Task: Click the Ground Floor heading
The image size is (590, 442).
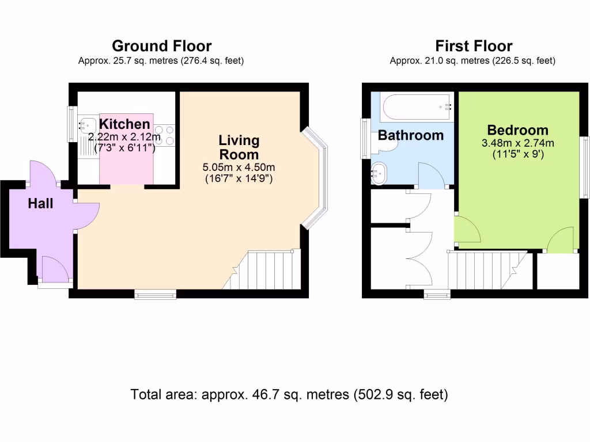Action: [161, 46]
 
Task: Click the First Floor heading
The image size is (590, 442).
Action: [474, 46]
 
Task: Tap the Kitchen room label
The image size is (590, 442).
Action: [124, 124]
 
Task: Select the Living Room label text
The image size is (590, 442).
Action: [239, 147]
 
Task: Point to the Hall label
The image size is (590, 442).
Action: [40, 203]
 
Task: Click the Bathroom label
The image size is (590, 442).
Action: [410, 136]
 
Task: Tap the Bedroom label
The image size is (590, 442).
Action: [517, 130]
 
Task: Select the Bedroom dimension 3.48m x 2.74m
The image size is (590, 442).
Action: [517, 143]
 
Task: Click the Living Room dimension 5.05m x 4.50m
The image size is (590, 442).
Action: [239, 167]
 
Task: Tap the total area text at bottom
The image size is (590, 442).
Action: [289, 395]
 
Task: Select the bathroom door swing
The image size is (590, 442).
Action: [431, 176]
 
